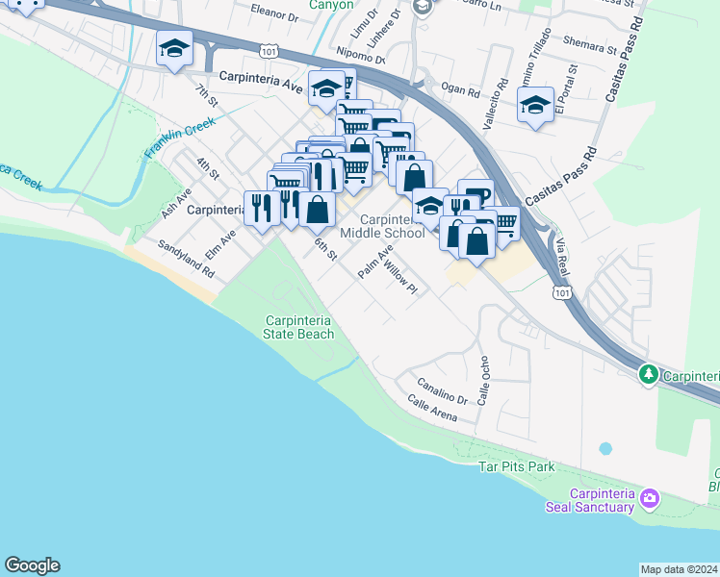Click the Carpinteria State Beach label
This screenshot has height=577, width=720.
tap(299, 327)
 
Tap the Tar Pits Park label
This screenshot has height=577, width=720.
tap(517, 466)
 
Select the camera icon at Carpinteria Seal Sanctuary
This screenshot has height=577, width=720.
tap(651, 497)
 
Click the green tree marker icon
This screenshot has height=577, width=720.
tap(650, 374)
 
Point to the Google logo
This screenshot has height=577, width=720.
tap(32, 565)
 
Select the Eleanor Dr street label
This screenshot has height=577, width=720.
tap(274, 16)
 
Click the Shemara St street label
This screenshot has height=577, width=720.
tap(591, 46)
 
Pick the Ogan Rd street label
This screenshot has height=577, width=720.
tap(460, 92)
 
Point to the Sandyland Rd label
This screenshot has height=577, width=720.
tap(187, 260)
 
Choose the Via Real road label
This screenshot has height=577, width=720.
tap(562, 259)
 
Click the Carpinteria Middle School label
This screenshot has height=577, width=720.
tap(382, 226)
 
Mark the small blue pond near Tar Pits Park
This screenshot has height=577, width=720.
tap(605, 448)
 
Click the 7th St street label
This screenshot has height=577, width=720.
tap(206, 97)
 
